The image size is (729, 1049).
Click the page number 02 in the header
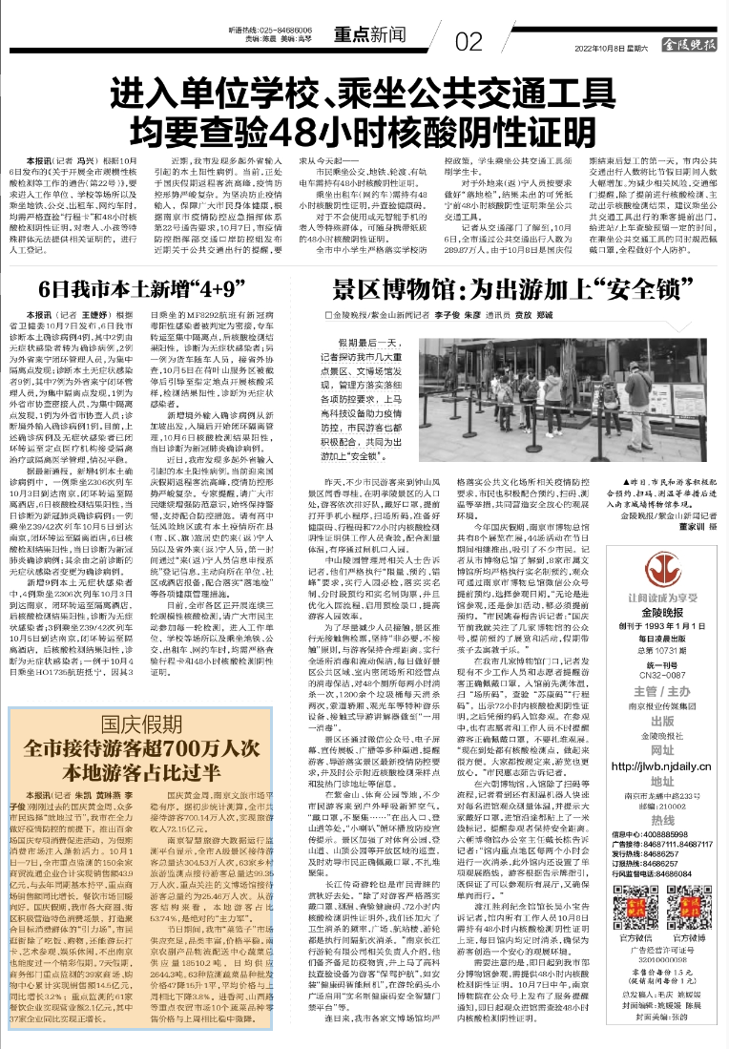469,42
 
